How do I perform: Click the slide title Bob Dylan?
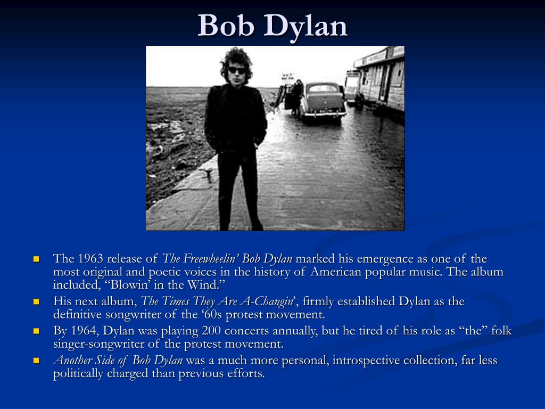tap(272, 25)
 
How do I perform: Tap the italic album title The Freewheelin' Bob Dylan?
tap(227, 259)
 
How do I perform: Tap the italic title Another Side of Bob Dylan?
tap(118, 361)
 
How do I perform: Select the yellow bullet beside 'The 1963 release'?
tap(37, 259)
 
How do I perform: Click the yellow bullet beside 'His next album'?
tap(37, 302)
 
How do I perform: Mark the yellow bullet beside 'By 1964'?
tap(37, 331)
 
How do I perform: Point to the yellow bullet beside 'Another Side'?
tap(37, 361)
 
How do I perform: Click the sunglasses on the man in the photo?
tap(236, 70)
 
